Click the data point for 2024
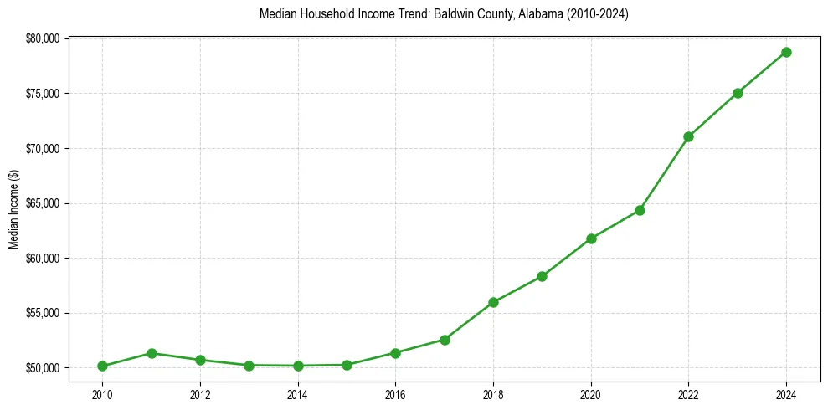coord(786,52)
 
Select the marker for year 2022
coord(688,136)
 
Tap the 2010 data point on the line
coord(102,366)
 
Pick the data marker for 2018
coord(493,302)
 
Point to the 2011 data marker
coord(152,353)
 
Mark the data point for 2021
coord(640,210)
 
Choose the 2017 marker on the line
coord(445,340)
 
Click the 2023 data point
coord(738,93)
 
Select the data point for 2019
coord(542,276)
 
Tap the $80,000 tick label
coord(44,38)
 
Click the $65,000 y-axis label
coord(44,203)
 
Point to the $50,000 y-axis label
coord(44,368)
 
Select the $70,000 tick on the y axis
coord(44,148)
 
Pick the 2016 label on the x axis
coord(395,395)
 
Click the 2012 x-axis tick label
coord(200,395)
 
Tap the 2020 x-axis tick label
coord(591,395)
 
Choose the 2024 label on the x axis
coord(786,395)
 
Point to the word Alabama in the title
coord(523,15)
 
